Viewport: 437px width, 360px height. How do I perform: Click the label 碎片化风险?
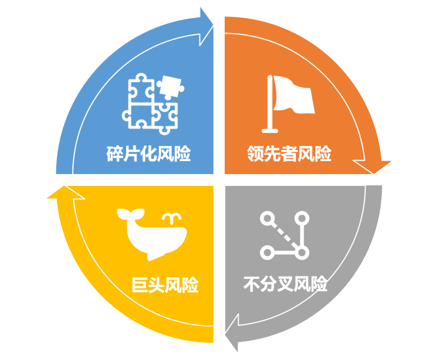pos(149,153)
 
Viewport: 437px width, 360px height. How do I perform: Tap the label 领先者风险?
pos(289,153)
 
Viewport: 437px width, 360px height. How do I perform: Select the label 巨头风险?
pos(165,285)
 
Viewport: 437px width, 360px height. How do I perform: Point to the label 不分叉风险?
pos(286,284)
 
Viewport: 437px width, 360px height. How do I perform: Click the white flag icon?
pos(288,104)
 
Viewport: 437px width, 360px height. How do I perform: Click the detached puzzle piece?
pos(170,86)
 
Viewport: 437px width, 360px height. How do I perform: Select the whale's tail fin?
pos(131,214)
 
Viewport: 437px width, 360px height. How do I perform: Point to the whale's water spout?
pos(172,219)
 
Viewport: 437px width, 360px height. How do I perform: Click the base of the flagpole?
pos(270,131)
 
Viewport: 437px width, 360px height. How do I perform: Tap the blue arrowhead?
pos(206,27)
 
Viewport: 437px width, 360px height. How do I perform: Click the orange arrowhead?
pos(372,167)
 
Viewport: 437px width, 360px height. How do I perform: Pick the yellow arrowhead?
pos(66,193)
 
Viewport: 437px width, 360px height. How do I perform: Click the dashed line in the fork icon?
pos(284,235)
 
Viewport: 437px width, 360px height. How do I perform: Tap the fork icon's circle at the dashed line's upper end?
pos(267,218)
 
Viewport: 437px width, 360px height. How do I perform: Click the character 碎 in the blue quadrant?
pos(114,153)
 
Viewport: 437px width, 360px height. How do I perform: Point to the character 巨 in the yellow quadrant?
pos(140,285)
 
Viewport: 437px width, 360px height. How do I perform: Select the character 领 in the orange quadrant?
pos(255,153)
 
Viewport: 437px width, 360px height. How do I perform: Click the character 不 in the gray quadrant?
pos(252,284)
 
